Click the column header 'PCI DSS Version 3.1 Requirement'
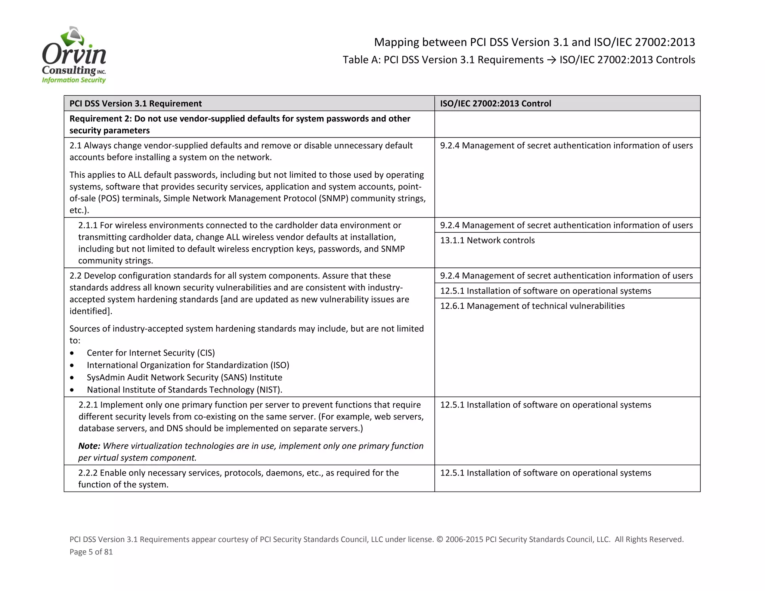coord(136,103)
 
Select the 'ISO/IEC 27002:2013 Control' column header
coord(495,103)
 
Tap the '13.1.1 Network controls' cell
coord(487,240)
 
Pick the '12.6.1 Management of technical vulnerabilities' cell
coord(532,306)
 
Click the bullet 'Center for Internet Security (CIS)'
coord(151,353)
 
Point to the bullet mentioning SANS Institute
coord(185,377)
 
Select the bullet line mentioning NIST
coord(185,390)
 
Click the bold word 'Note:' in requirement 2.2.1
coord(89,446)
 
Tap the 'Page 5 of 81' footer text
coord(91,552)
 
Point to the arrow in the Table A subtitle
coord(551,60)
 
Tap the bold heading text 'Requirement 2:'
coord(100,119)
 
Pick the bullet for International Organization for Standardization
coord(188,365)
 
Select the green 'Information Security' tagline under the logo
coord(74,80)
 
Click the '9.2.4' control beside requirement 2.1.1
coord(450,225)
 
